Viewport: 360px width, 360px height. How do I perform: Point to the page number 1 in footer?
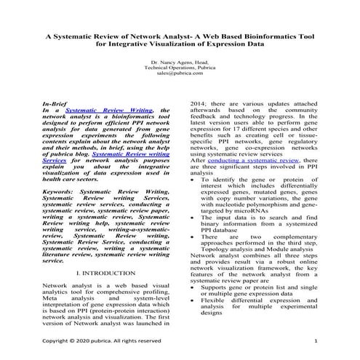click(x=316, y=340)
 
